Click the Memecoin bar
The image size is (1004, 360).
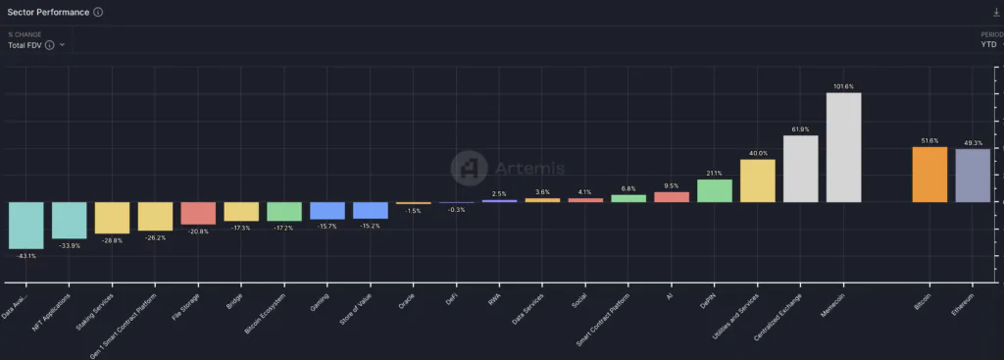[x=843, y=147]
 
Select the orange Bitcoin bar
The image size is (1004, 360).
[x=929, y=175]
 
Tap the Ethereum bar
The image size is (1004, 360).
[x=973, y=176]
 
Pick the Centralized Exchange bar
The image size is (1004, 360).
[x=800, y=169]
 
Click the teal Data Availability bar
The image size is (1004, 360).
[x=25, y=225]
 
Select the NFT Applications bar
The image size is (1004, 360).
[x=69, y=220]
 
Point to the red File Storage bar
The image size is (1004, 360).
[x=198, y=213]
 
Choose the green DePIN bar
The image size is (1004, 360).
[x=715, y=190]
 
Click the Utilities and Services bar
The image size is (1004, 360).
[x=757, y=180]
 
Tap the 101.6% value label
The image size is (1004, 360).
[x=843, y=86]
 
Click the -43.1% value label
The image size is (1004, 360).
[x=25, y=256]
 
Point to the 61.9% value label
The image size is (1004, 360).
[x=800, y=129]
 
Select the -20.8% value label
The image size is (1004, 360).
[x=198, y=231]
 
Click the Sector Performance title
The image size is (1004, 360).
[x=49, y=12]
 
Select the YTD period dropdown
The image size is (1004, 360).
[x=990, y=44]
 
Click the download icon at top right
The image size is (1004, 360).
[x=996, y=12]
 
